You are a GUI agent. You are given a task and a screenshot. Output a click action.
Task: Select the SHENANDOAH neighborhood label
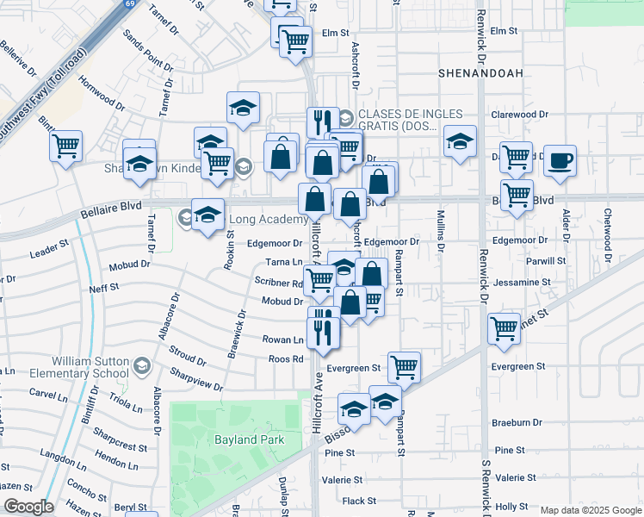pos(480,74)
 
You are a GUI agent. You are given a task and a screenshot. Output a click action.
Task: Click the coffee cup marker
pos(560,160)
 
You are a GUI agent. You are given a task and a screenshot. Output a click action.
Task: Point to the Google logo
pos(28,507)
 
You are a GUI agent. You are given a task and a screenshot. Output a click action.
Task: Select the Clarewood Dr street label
pos(519,114)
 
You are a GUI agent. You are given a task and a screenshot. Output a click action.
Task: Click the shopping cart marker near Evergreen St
pos(404,367)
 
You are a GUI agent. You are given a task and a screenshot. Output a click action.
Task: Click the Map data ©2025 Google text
pos(590,510)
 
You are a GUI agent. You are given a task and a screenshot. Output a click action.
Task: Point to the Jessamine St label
pos(523,282)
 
